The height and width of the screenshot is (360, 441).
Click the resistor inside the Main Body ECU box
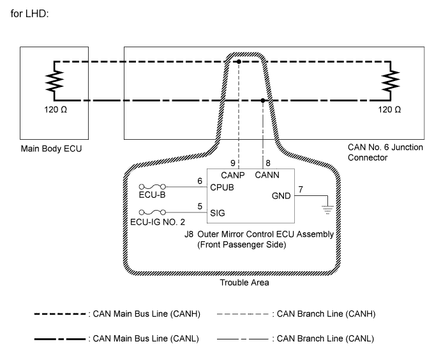click(x=54, y=81)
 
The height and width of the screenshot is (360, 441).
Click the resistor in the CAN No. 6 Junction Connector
click(x=391, y=81)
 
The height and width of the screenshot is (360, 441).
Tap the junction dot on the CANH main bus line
click(x=239, y=61)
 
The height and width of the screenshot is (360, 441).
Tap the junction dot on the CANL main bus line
click(x=263, y=100)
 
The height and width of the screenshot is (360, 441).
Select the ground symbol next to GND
click(x=327, y=210)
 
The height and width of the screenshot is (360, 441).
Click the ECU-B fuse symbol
click(x=153, y=186)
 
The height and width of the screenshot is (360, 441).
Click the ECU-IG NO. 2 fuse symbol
click(x=153, y=212)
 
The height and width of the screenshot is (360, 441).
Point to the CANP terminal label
click(x=232, y=176)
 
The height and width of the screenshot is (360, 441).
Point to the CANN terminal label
click(x=267, y=175)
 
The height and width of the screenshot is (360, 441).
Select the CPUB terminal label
click(x=222, y=187)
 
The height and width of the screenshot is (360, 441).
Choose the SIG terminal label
click(x=218, y=213)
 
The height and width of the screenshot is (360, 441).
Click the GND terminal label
click(x=281, y=196)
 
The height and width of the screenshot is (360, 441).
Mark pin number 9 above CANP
click(x=232, y=163)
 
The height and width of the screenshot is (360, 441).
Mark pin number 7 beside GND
click(x=301, y=190)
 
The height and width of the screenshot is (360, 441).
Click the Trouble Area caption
click(x=244, y=282)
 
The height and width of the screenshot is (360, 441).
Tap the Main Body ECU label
click(x=51, y=149)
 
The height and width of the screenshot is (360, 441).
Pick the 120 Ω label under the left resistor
click(x=56, y=109)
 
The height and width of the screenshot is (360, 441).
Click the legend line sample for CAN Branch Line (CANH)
click(x=243, y=314)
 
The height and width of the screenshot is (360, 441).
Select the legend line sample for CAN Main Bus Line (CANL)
click(x=60, y=339)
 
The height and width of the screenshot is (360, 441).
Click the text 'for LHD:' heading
click(x=29, y=13)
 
